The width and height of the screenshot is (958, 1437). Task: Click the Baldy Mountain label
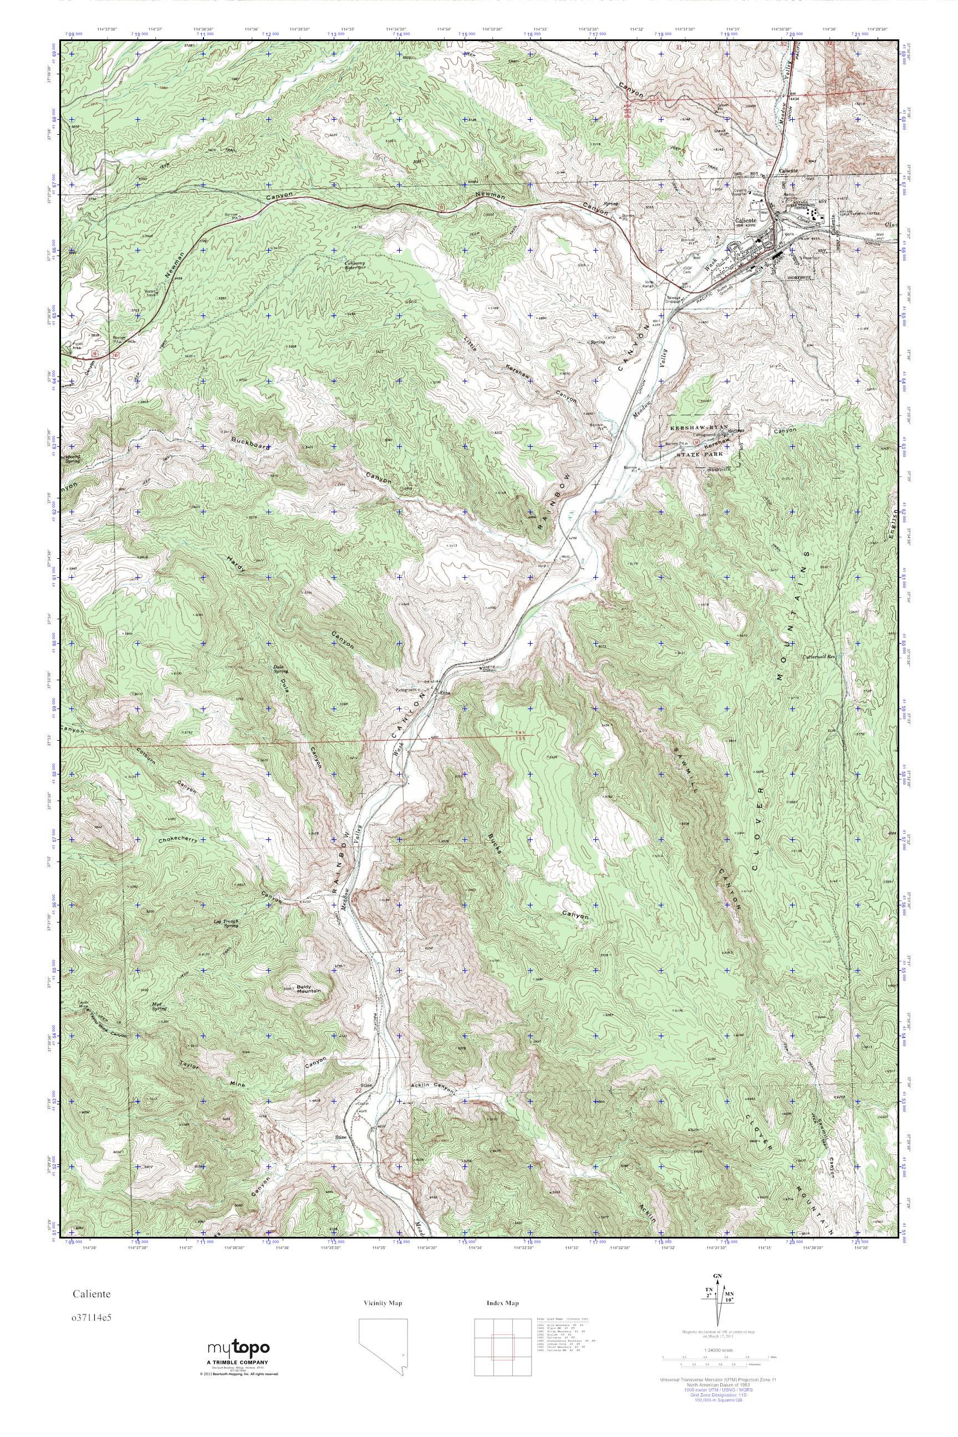pyautogui.click(x=309, y=989)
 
